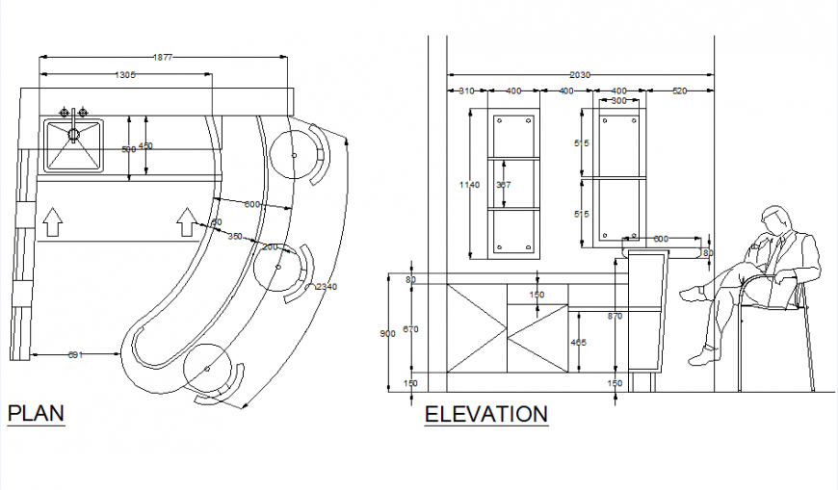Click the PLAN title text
[36, 414]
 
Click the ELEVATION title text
[486, 415]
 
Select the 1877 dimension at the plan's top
[163, 58]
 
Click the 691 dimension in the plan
[75, 355]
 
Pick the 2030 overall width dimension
[579, 74]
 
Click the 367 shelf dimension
[503, 184]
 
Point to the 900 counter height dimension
[387, 333]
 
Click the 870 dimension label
[615, 315]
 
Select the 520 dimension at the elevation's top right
[680, 90]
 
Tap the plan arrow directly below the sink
[53, 223]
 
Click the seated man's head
[773, 219]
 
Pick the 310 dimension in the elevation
[466, 90]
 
